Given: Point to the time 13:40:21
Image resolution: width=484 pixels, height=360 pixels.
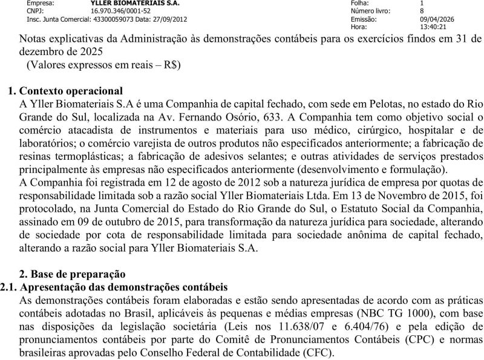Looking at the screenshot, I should [x=433, y=27].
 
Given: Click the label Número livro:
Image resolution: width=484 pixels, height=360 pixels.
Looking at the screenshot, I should [x=370, y=11].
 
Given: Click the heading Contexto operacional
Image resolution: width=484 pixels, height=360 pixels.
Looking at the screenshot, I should [x=71, y=91].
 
